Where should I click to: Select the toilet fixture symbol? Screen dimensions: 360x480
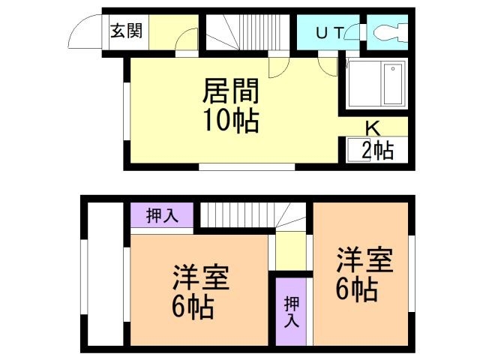[x=387, y=33]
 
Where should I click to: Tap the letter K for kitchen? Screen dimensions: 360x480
[x=372, y=127]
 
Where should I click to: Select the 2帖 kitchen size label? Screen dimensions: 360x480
[x=377, y=150]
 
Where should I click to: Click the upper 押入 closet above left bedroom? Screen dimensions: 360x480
[x=162, y=216]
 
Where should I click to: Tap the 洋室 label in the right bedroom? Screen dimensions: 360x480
[x=364, y=262]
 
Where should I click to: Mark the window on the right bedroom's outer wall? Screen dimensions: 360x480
[x=412, y=273]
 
